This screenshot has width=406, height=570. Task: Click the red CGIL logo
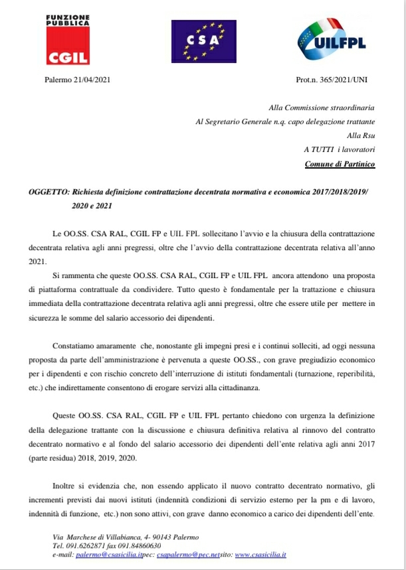tap(68, 40)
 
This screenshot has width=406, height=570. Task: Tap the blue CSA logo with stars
tap(203, 40)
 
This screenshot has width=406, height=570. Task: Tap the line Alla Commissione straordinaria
tap(322, 107)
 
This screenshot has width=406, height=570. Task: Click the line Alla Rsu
tap(361, 135)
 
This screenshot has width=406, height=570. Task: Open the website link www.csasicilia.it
tap(261, 554)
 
